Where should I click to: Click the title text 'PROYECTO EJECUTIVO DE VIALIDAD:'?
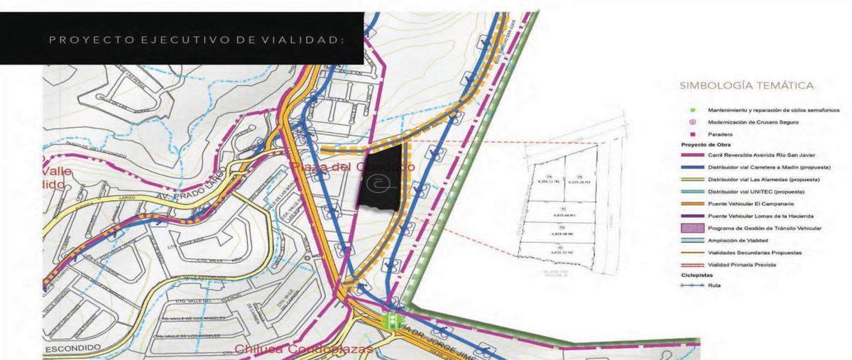click(196, 40)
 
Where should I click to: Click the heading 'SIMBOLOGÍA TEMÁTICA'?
click(746, 85)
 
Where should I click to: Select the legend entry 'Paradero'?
click(720, 134)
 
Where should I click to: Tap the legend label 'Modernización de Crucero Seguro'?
click(753, 122)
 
